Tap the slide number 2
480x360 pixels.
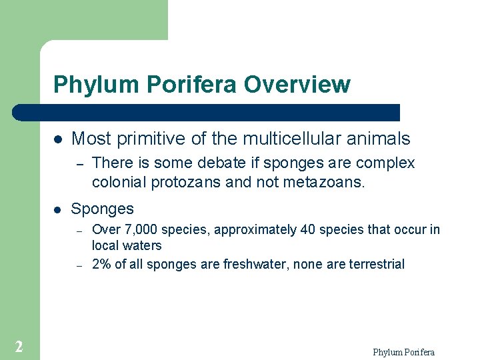coord(19,346)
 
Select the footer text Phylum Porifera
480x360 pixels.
coord(403,352)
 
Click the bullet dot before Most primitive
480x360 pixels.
coord(58,139)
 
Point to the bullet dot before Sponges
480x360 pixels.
coord(58,209)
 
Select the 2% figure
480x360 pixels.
coord(101,265)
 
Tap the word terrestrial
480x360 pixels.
coord(375,265)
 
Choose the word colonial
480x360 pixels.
coord(115,182)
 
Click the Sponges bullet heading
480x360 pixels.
coord(102,209)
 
